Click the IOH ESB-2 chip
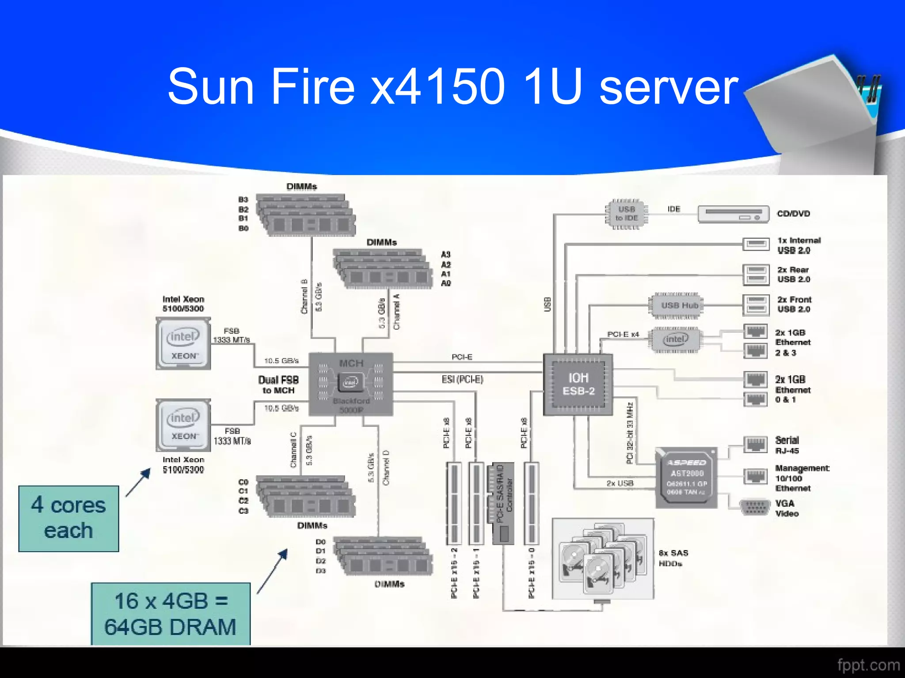point(578,384)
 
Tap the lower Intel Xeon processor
point(183,425)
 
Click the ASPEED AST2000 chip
point(686,478)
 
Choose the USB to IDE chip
point(626,214)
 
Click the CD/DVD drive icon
point(734,214)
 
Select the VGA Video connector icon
point(755,508)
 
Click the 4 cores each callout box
point(68,518)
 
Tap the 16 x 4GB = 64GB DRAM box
point(171,614)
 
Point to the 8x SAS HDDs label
point(673,558)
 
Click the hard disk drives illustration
point(603,559)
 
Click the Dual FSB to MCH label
point(278,385)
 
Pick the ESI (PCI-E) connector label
point(462,379)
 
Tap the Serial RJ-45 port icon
point(755,444)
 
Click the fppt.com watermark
point(868,665)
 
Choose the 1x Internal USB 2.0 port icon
point(756,244)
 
